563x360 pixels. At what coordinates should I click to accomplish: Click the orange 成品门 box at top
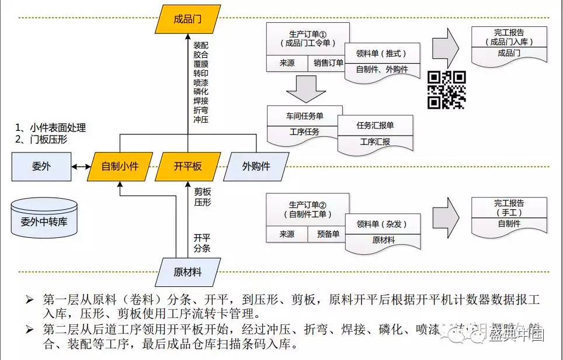187,19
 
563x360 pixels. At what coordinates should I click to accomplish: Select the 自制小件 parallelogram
120,166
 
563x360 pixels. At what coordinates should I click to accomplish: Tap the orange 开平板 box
188,166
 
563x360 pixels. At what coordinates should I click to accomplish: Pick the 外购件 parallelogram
256,166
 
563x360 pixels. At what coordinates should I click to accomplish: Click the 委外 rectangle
41,166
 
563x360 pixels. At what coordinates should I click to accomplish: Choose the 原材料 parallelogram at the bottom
187,272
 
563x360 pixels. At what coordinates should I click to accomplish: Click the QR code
447,89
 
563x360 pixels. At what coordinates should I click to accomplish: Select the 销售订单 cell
328,63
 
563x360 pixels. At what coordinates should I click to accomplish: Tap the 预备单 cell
328,234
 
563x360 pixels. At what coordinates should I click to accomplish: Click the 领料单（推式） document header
381,53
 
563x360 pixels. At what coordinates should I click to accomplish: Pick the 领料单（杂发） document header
381,224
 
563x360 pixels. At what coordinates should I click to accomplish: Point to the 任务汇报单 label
375,125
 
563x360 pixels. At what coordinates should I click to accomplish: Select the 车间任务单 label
304,116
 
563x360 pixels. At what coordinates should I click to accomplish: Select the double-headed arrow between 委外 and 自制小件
81,167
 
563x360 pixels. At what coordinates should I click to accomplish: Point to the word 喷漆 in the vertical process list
201,82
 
